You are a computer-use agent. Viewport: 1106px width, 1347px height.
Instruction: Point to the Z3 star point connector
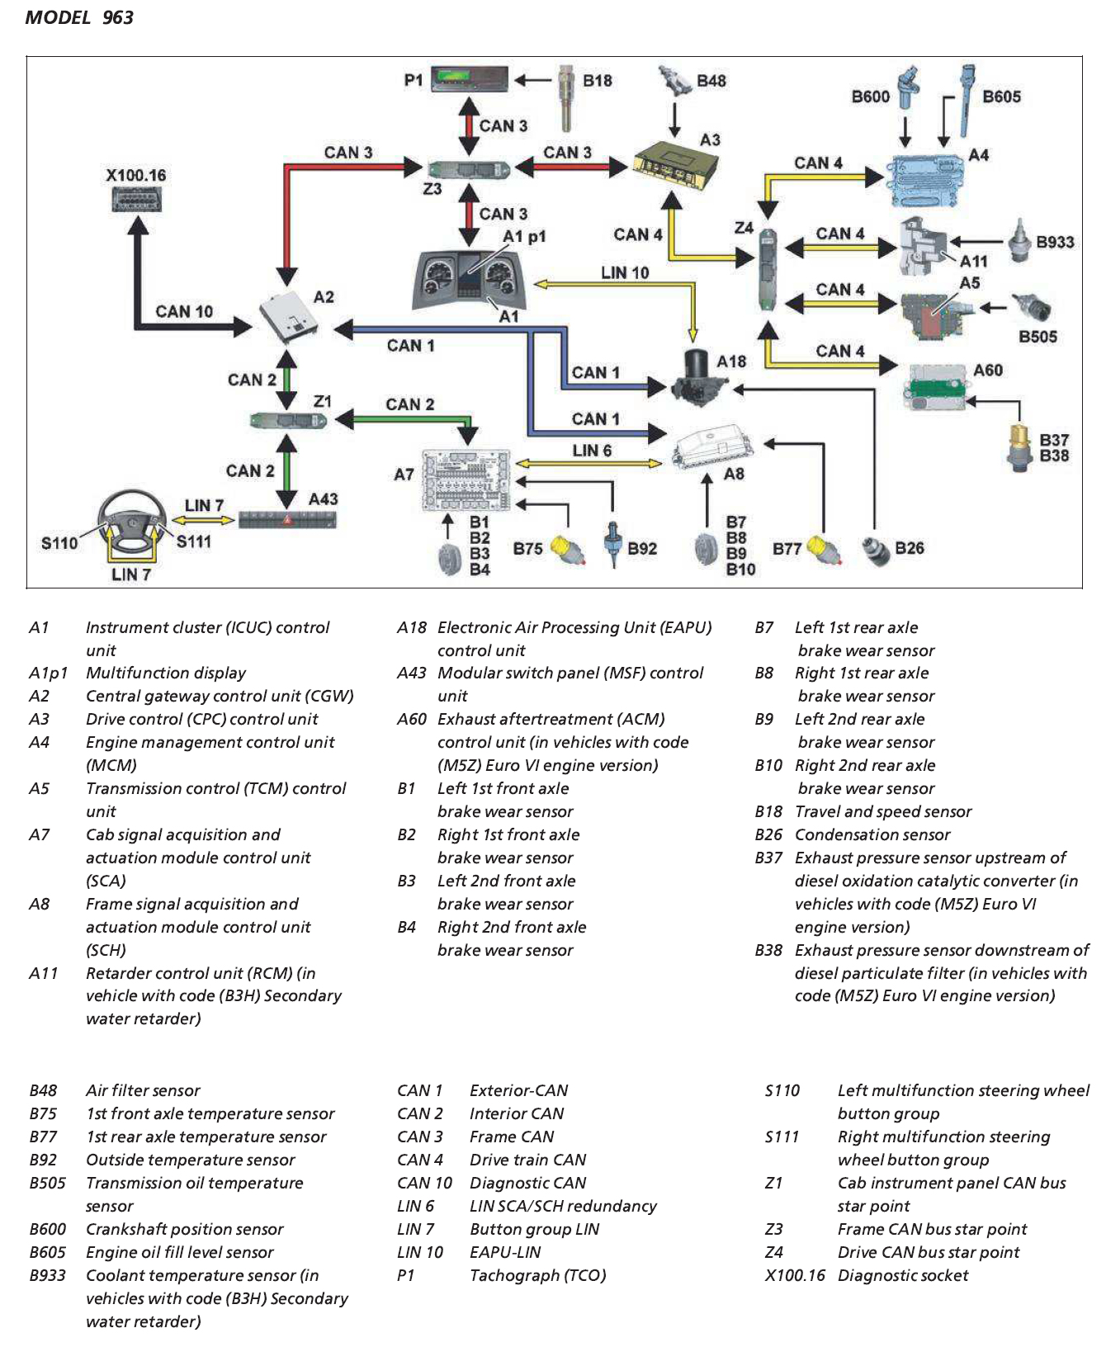[x=469, y=168]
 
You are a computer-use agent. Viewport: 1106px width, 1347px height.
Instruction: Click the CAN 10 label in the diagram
[x=183, y=311]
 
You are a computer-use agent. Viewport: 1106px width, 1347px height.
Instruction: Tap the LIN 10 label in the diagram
[x=624, y=272]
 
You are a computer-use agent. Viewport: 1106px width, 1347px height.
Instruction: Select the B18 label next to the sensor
[x=597, y=80]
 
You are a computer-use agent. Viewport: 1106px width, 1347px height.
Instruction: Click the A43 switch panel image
[x=287, y=519]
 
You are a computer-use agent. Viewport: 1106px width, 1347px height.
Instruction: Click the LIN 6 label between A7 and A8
[x=592, y=450]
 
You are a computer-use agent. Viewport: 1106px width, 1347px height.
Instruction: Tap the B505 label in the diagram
[x=1037, y=336]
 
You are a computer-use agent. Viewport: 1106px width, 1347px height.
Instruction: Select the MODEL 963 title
[x=79, y=17]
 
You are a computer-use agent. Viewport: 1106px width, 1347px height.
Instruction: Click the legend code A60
[x=411, y=719]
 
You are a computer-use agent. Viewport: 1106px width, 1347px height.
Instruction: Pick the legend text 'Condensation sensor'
[x=872, y=834]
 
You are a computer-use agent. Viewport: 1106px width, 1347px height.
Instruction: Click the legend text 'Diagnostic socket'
[x=903, y=1275]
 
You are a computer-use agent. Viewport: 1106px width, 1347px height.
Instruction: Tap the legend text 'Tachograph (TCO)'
[x=537, y=1275]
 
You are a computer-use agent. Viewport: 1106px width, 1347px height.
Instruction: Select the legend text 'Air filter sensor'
[x=143, y=1090]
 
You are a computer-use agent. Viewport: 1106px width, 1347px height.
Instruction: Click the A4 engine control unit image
[x=924, y=179]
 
